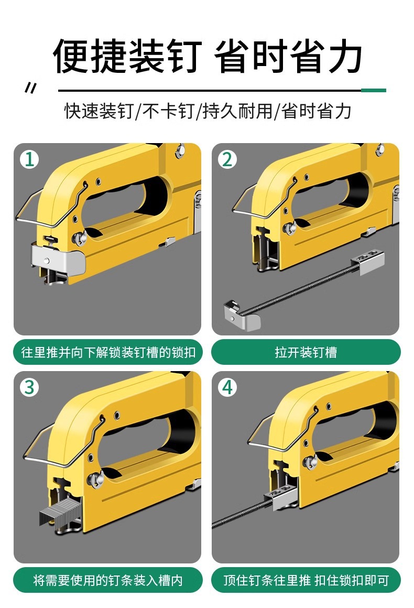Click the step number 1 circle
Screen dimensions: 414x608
[x=29, y=159]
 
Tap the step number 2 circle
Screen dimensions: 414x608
[x=227, y=159]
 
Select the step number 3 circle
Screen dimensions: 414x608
[x=29, y=387]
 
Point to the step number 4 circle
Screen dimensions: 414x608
[x=227, y=387]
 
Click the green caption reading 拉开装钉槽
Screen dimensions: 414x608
[x=306, y=352]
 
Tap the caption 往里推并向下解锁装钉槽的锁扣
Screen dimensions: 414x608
[x=108, y=352]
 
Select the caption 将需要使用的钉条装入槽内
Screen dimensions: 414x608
[x=108, y=580]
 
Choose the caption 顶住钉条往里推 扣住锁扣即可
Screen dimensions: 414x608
[x=306, y=580]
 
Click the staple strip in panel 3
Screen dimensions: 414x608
[x=60, y=513]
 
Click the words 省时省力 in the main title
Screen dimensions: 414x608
[x=288, y=56]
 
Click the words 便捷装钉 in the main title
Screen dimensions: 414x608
[x=127, y=56]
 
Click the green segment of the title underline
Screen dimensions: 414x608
[x=373, y=90]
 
